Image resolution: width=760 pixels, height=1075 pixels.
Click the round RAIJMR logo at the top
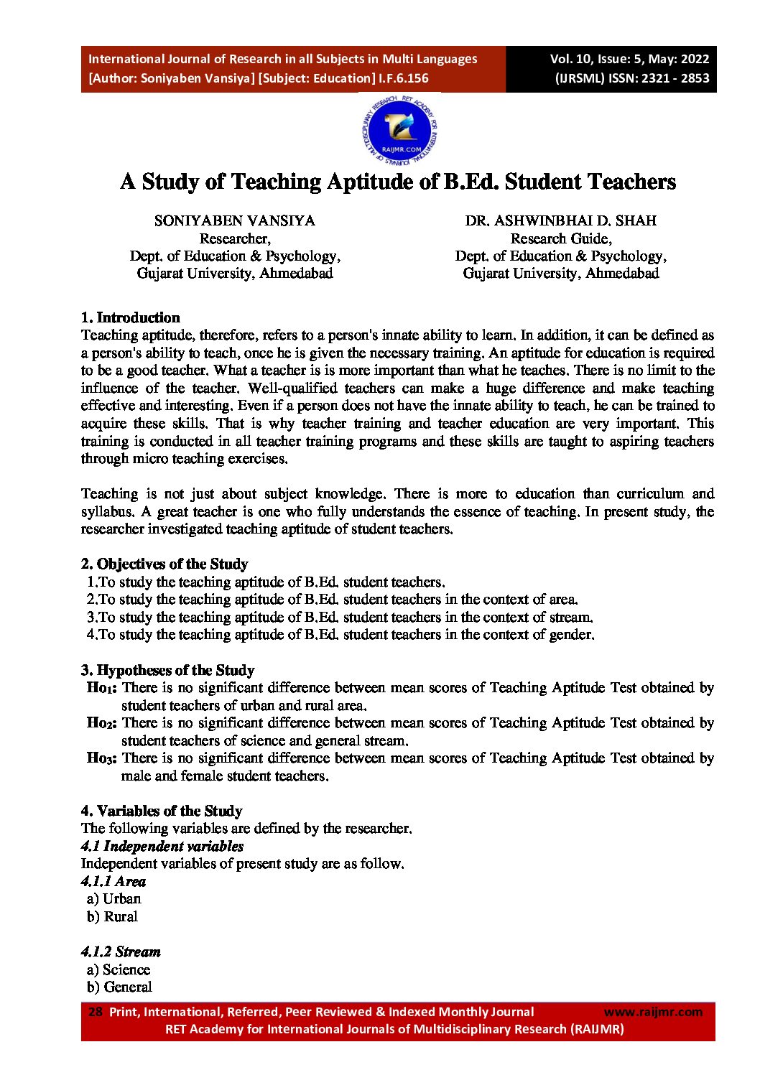coord(399,131)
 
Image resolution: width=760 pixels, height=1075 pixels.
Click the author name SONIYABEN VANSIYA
coord(235,220)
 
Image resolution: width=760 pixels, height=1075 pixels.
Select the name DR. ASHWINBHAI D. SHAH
coord(560,220)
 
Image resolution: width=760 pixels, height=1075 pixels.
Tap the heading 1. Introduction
coord(130,317)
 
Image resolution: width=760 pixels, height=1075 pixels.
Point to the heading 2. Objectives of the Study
coord(164,564)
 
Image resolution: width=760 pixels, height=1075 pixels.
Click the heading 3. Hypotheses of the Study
coord(167,670)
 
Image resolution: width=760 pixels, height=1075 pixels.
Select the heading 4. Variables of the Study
coord(162,811)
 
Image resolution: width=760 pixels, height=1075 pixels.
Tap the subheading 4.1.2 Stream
coord(121,951)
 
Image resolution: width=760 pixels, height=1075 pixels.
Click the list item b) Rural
coord(112,916)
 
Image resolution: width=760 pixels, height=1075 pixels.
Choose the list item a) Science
coord(119,969)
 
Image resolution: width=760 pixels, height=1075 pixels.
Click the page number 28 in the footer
coord(95,1012)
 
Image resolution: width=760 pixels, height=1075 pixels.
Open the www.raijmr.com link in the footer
coord(653,1012)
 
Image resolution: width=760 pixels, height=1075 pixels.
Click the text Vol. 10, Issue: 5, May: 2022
coord(629,60)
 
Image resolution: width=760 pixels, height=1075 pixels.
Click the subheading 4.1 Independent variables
coord(162,846)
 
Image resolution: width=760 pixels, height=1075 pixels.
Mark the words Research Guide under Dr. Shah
coord(560,238)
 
